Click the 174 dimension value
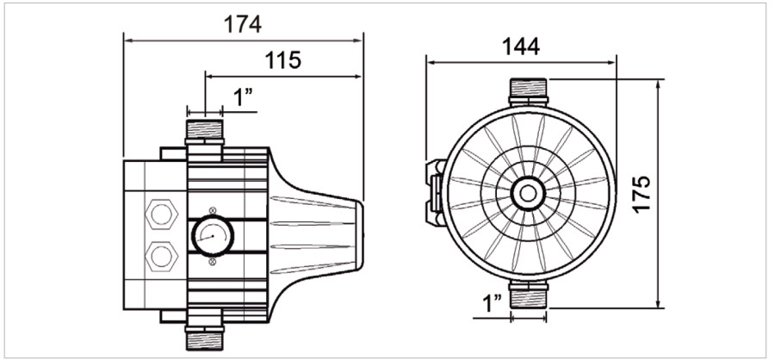(x=243, y=24)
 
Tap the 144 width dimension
(x=521, y=47)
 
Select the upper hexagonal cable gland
(x=158, y=212)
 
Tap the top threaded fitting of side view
(x=205, y=131)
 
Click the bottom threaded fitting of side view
(x=205, y=338)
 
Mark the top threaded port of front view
(x=528, y=89)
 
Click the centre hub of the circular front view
(x=526, y=193)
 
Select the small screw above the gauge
(x=212, y=209)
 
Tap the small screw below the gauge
(x=212, y=260)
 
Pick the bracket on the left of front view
(x=436, y=193)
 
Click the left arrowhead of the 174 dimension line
(x=127, y=39)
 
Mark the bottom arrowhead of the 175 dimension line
(x=659, y=304)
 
